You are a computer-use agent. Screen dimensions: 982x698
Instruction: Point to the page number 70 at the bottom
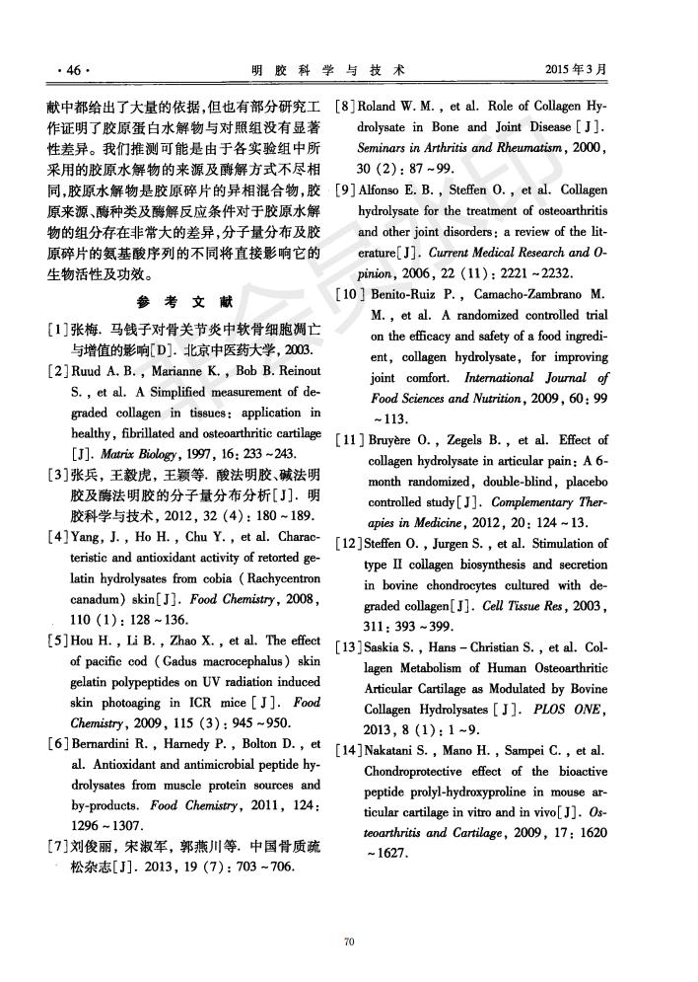(x=348, y=942)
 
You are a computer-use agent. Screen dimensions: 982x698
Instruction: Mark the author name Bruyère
(x=391, y=439)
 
